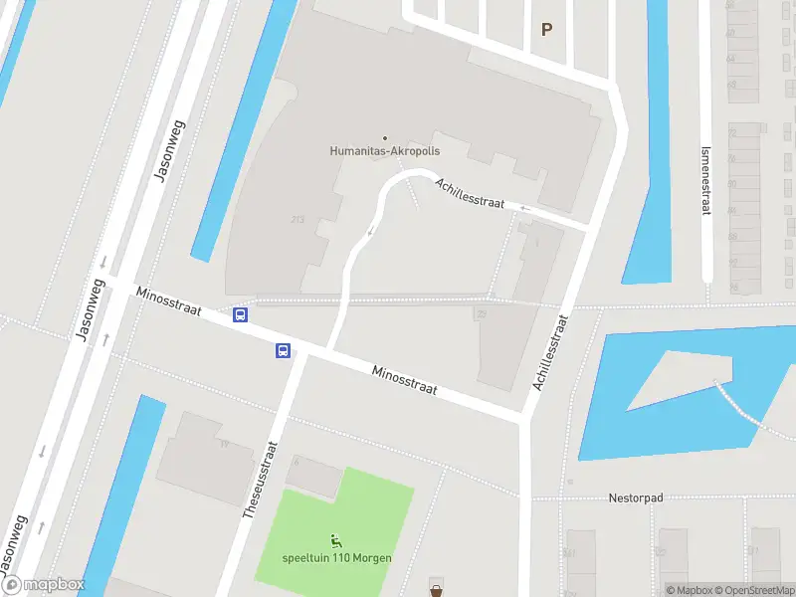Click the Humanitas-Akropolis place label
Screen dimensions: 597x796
[x=385, y=151]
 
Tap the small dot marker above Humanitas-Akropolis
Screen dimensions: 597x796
[x=385, y=138]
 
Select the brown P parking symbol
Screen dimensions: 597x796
[x=546, y=30]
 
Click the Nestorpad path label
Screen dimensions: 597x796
[x=636, y=497]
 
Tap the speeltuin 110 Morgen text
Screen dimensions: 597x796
[x=336, y=557]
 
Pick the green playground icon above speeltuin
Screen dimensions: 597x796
[x=336, y=541]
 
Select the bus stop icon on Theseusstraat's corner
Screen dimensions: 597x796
[x=284, y=350]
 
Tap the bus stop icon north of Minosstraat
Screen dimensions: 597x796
[x=240, y=315]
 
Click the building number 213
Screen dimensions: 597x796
[x=297, y=219]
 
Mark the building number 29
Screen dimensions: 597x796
[x=481, y=313]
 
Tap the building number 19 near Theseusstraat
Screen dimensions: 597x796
[x=224, y=444]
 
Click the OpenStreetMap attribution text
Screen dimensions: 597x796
[x=753, y=591]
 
